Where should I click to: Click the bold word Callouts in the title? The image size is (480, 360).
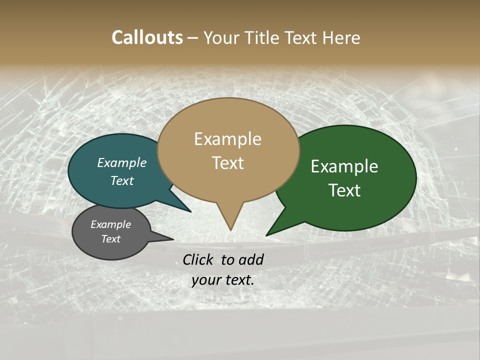[147, 37]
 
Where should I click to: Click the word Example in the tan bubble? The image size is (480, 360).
[227, 139]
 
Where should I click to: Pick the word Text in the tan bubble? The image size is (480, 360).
[227, 163]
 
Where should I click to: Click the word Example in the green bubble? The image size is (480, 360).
[344, 166]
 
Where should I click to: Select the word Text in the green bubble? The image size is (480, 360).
[344, 190]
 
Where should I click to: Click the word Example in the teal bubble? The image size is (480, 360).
[122, 162]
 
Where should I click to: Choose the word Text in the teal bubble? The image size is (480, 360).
[122, 180]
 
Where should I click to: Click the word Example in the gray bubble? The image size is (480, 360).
[110, 224]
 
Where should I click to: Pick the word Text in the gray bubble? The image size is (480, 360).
[110, 239]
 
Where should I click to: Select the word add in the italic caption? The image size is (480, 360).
[251, 259]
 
